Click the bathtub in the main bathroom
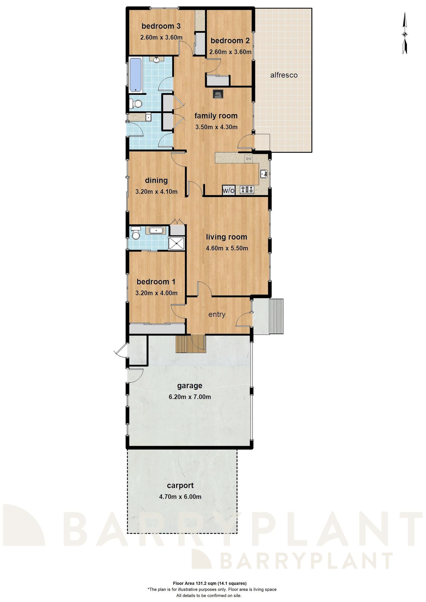click(x=136, y=75)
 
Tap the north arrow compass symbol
click(x=405, y=34)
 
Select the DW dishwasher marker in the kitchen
click(x=248, y=159)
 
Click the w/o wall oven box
click(x=228, y=190)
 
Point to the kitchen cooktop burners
click(x=247, y=190)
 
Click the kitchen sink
click(x=264, y=174)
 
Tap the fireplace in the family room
click(x=218, y=94)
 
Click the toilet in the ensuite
click(x=136, y=234)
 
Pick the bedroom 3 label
click(x=161, y=26)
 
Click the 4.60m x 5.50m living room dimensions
click(x=227, y=248)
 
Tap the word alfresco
click(x=284, y=75)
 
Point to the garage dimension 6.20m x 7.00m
click(x=190, y=397)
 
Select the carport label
click(x=180, y=485)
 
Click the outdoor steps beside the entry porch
click(x=276, y=316)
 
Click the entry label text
click(x=217, y=314)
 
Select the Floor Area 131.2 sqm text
click(x=210, y=583)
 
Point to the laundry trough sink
click(x=148, y=117)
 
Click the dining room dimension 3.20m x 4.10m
click(x=156, y=192)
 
